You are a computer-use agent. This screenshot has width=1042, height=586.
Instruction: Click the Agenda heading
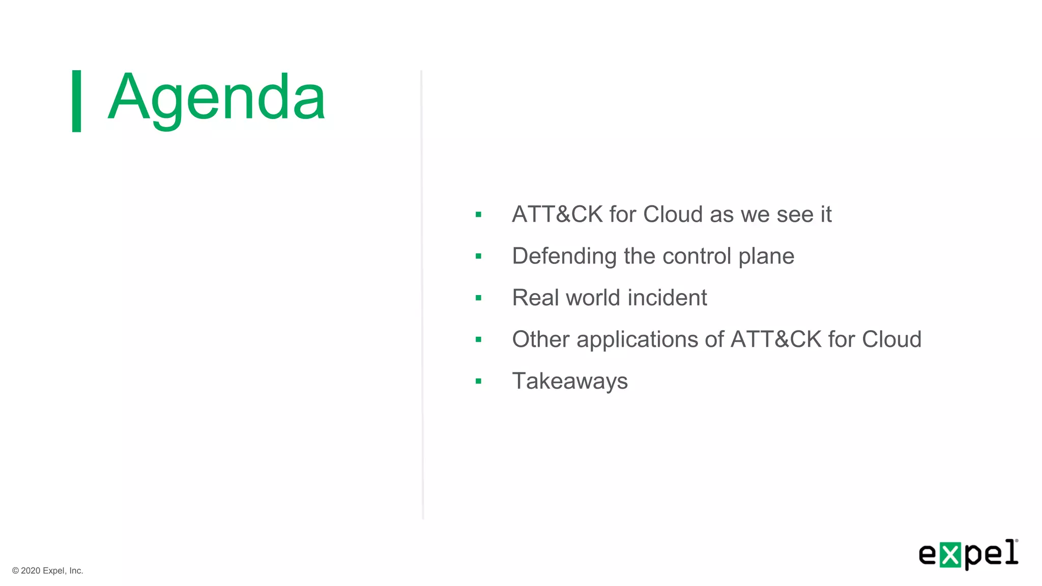[216, 98]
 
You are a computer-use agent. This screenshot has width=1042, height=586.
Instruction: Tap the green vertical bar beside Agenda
[77, 101]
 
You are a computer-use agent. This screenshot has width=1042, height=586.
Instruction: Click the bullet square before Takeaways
[478, 381]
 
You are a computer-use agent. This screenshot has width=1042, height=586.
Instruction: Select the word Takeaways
[570, 381]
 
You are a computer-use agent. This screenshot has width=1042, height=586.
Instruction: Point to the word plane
[766, 256]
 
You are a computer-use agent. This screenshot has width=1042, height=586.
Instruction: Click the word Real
[535, 298]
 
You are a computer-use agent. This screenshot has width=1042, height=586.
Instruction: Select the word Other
[540, 339]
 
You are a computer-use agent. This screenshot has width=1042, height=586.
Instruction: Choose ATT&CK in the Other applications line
[776, 339]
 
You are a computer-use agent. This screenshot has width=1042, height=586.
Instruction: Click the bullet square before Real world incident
[478, 298]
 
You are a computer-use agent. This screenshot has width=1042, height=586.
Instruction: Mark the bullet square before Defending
[478, 256]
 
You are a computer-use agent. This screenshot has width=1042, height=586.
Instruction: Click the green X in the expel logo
[950, 555]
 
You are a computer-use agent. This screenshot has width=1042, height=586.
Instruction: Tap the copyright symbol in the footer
[16, 571]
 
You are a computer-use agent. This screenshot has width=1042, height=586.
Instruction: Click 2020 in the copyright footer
[31, 571]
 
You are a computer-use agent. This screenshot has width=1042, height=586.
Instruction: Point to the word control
[697, 256]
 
